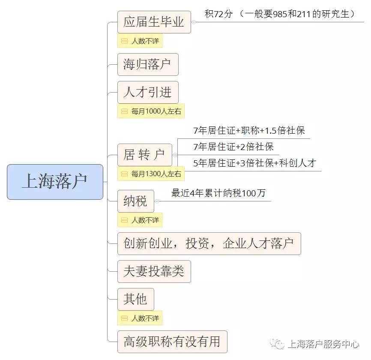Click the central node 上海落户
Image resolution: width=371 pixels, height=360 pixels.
(55, 182)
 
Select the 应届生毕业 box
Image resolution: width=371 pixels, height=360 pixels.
(154, 22)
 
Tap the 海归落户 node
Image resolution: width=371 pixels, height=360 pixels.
(148, 64)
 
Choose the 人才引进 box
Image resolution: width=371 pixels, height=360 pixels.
(148, 92)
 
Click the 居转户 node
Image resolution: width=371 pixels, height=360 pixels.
(144, 155)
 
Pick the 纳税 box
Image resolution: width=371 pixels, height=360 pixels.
(135, 201)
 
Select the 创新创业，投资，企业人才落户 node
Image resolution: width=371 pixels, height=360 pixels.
(209, 243)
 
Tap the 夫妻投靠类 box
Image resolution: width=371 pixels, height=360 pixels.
(154, 271)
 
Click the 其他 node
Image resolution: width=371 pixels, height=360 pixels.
(135, 299)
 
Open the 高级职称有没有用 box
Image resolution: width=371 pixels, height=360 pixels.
(172, 342)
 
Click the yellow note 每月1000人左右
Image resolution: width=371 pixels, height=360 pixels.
(151, 111)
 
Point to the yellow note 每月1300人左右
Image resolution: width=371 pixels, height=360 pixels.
(151, 174)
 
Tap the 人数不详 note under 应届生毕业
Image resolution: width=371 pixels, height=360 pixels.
(140, 41)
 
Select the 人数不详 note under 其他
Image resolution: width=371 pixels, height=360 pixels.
(140, 318)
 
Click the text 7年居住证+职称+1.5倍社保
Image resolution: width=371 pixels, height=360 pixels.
(249, 130)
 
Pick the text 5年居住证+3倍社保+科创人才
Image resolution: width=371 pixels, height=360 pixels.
(254, 163)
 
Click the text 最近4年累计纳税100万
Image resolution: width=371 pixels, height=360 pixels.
(218, 193)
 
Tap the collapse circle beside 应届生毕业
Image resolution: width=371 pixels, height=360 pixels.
(194, 22)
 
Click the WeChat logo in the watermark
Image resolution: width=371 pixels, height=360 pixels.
(277, 344)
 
